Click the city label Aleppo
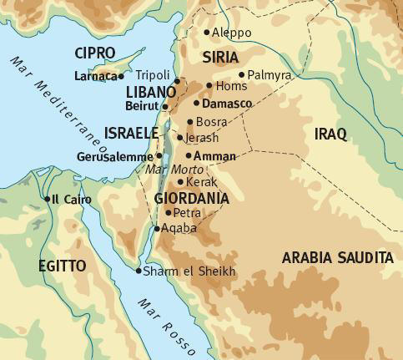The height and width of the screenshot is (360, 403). (x=232, y=33)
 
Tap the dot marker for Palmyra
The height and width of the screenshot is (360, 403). (x=241, y=74)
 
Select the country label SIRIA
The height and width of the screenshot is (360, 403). (x=220, y=56)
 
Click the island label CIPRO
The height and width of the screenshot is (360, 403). (x=94, y=53)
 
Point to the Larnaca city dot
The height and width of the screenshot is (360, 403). (x=121, y=76)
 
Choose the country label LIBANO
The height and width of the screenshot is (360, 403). (x=151, y=90)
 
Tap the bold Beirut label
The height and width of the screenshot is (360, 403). (x=143, y=106)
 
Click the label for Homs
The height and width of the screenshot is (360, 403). (x=230, y=85)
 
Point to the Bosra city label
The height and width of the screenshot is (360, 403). (x=211, y=122)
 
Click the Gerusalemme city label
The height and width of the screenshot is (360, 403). (x=115, y=156)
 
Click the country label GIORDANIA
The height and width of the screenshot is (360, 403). (x=191, y=199)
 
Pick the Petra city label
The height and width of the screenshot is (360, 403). (x=187, y=213)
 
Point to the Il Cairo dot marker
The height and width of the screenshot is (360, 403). (x=46, y=199)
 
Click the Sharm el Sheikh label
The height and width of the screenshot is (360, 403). (x=189, y=271)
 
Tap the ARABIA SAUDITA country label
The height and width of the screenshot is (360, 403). (x=337, y=258)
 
